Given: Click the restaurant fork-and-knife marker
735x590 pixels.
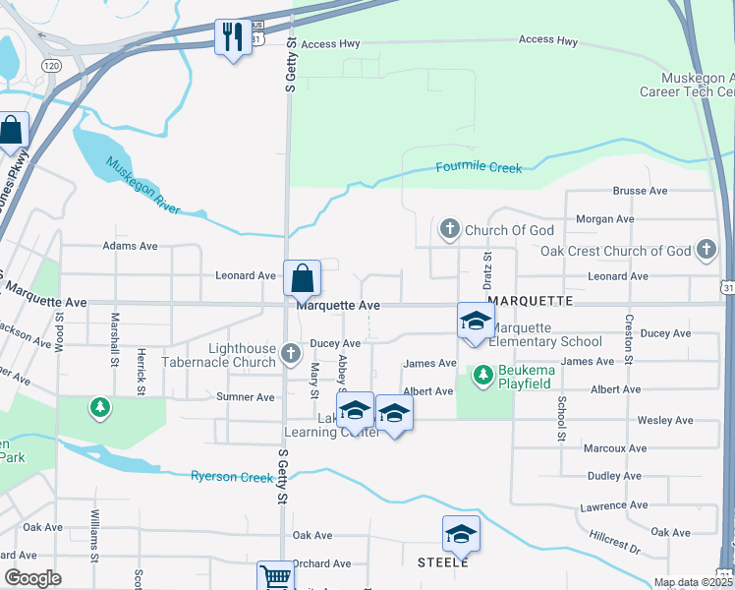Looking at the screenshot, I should click(232, 38).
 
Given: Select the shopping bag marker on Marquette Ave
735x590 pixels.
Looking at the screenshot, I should click(302, 278).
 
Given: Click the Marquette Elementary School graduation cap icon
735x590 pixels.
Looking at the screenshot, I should click(476, 321).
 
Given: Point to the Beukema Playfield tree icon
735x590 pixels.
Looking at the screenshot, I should click(483, 374).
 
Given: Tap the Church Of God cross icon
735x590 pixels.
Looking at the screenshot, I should click(450, 230).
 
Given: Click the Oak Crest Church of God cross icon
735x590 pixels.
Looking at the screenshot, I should click(706, 250).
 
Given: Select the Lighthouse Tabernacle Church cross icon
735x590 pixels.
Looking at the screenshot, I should click(290, 352).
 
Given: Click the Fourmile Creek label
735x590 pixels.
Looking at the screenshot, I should click(479, 168).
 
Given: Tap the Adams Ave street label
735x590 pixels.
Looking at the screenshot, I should click(130, 246).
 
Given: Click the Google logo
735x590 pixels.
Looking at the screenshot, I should click(32, 578).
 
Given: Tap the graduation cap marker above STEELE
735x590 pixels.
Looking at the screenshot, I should click(461, 534).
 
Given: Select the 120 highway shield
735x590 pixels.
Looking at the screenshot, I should click(51, 64).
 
